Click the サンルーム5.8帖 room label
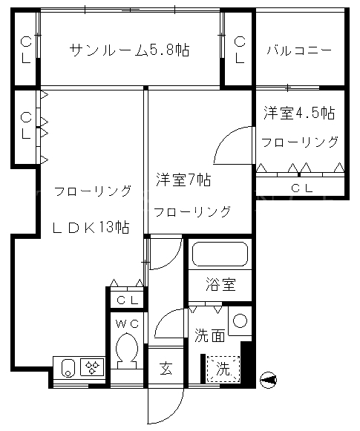129,50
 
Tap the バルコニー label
299,50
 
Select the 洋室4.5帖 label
299,113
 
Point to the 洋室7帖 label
183,180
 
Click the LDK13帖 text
91,227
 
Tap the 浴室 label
220,285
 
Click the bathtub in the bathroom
220,254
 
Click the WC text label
127,324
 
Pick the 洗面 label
209,335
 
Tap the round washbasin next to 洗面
240,320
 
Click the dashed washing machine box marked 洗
223,369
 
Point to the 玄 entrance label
166,369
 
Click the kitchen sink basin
68,367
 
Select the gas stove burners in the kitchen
92,367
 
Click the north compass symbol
269,380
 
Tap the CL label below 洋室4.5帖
301,188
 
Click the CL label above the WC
127,300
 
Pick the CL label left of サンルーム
26,50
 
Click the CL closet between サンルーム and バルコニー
239,50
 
